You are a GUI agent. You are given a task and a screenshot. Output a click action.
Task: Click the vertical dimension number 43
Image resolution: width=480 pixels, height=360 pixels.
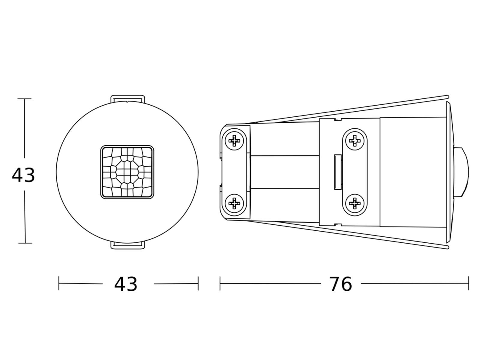click(x=23, y=175)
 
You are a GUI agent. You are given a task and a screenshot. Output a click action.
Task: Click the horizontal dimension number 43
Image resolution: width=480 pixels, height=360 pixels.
click(x=126, y=284)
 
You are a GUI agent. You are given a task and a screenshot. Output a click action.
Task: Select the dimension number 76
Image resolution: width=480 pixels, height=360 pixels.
click(x=340, y=284)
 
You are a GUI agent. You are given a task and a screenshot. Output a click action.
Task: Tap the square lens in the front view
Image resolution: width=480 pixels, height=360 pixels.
click(x=127, y=172)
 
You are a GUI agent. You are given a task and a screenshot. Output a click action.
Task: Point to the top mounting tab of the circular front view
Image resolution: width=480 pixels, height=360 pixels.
click(x=127, y=99)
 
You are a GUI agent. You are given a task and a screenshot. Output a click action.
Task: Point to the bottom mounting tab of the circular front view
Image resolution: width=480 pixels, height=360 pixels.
click(x=127, y=245)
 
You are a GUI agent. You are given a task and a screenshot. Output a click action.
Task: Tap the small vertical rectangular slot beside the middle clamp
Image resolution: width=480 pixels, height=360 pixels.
click(x=338, y=172)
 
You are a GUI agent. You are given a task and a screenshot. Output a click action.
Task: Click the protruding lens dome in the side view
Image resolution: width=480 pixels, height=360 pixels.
click(x=462, y=172)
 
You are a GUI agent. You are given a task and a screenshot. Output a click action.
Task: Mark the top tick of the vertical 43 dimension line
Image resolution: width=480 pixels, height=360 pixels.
click(x=24, y=99)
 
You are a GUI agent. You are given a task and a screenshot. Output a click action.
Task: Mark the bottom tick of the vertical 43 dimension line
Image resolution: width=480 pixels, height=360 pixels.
click(x=25, y=243)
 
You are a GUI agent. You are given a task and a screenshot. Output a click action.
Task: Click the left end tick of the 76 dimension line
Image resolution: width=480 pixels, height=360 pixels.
click(x=220, y=283)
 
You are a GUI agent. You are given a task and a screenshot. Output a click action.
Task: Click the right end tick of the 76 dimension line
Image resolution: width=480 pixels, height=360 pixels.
click(x=468, y=283)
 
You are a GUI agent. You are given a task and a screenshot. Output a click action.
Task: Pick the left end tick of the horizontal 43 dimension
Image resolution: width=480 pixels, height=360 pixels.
click(x=59, y=283)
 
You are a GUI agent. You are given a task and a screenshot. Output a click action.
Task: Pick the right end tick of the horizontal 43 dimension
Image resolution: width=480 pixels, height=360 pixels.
click(x=198, y=283)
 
